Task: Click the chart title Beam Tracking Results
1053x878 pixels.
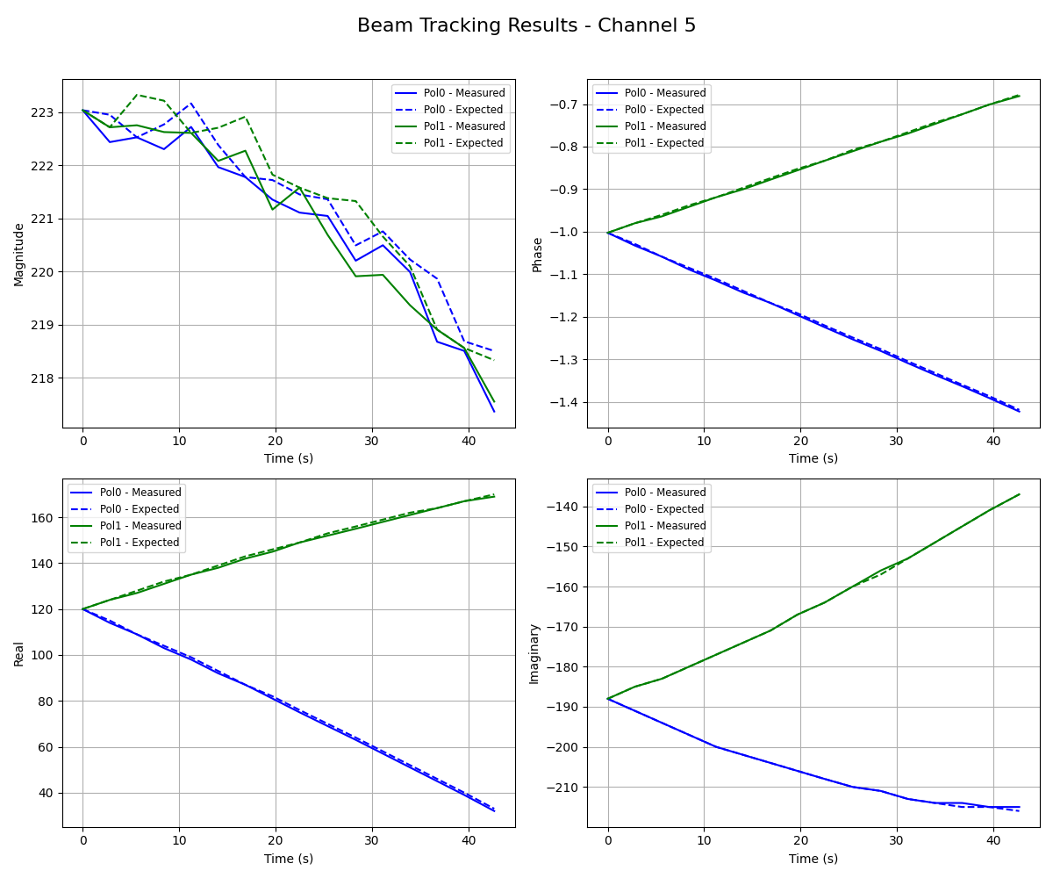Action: tap(526, 25)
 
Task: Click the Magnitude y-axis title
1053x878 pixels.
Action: tap(19, 254)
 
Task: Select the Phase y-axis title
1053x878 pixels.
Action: tap(538, 254)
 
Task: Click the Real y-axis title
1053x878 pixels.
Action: tap(19, 653)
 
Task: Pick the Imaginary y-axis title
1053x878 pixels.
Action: tap(534, 653)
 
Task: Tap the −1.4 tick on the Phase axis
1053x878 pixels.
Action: tap(564, 402)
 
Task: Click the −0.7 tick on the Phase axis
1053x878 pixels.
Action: tap(564, 104)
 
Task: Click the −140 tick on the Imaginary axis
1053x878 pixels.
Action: tap(564, 507)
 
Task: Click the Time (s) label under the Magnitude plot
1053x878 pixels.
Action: tap(289, 458)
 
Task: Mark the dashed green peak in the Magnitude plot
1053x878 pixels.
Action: tap(137, 95)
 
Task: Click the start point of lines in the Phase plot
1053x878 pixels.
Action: tap(608, 233)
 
